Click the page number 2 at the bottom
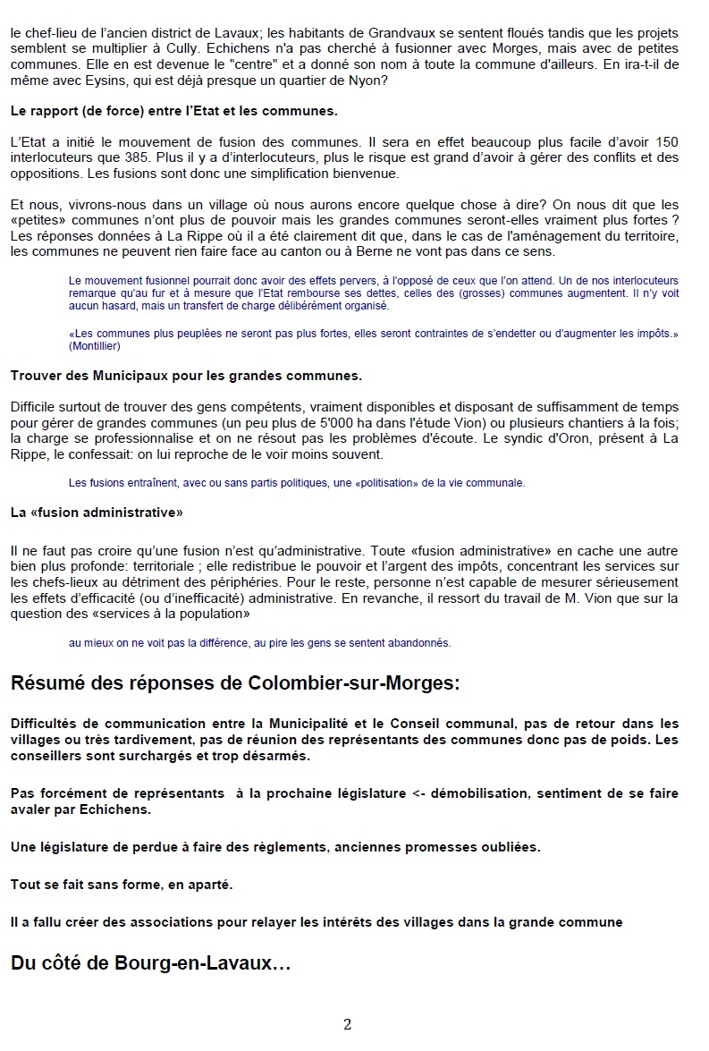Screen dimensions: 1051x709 [348, 1024]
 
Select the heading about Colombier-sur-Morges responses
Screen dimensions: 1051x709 [235, 684]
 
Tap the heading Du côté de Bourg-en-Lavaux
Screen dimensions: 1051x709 [150, 963]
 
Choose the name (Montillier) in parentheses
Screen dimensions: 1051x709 [98, 345]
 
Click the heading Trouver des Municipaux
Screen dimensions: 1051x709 [186, 375]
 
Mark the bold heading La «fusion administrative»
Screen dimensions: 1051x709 [97, 513]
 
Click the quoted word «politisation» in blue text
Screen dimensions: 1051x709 [387, 483]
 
